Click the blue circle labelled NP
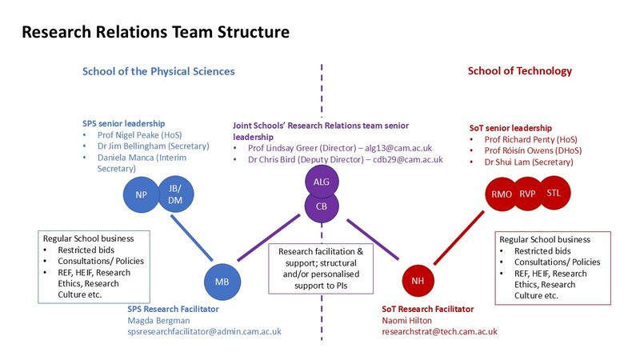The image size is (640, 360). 141,194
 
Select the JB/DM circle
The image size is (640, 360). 174,194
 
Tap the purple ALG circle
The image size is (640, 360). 322,182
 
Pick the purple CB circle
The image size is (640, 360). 322,206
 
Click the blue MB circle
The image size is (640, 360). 222,281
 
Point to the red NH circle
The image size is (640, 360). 418,281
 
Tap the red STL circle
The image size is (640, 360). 554,193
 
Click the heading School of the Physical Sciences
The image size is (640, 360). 158,71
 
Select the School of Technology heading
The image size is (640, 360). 520,71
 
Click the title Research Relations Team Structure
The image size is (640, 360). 155,33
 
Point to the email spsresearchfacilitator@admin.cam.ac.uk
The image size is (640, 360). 204,331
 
